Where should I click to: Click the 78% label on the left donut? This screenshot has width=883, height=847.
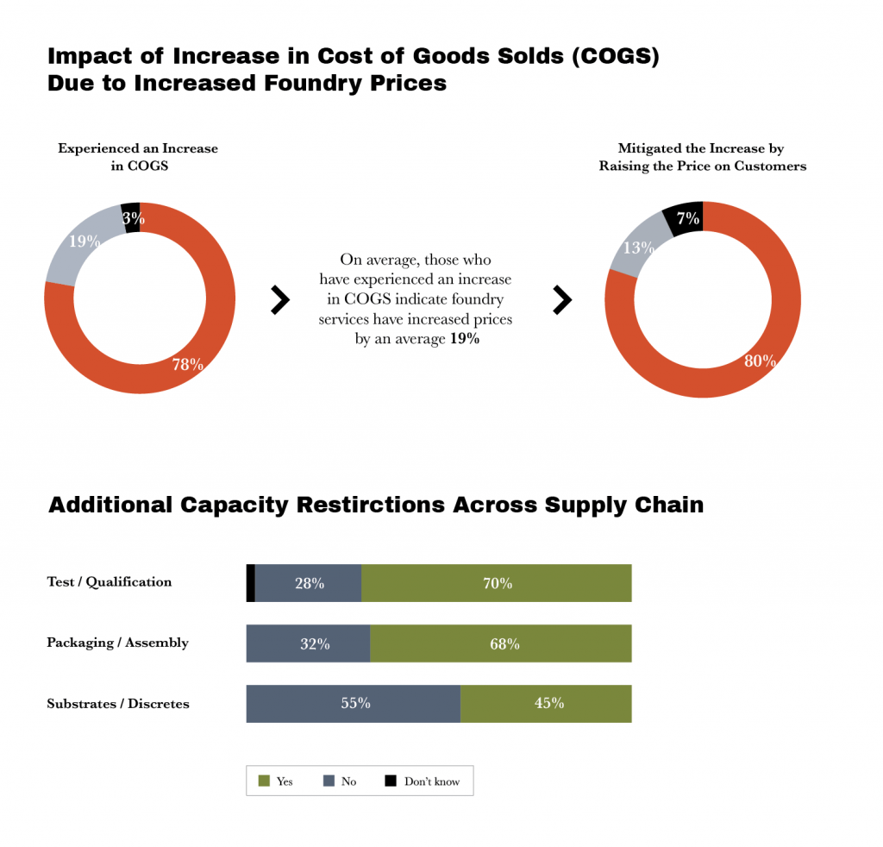(x=187, y=365)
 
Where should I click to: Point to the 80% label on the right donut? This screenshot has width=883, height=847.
(x=759, y=361)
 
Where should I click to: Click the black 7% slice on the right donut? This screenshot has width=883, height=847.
(x=685, y=219)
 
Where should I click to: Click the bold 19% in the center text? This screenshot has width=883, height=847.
(x=465, y=340)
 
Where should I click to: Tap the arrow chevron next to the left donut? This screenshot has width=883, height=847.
(x=280, y=300)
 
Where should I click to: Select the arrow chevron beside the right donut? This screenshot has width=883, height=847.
(x=562, y=300)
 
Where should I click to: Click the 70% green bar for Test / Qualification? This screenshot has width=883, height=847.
(x=497, y=583)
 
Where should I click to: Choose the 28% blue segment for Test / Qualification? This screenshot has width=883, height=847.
(x=309, y=583)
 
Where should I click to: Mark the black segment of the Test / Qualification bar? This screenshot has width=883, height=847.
(x=251, y=583)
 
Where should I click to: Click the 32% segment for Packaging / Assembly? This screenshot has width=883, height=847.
(x=309, y=643)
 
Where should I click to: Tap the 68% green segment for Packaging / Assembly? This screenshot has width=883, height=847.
(x=501, y=643)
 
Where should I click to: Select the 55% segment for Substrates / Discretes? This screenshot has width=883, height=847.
(x=354, y=703)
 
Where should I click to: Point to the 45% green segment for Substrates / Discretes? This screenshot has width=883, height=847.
(x=546, y=703)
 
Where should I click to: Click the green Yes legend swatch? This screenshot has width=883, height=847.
(x=265, y=781)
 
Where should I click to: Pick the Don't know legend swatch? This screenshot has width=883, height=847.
(x=391, y=781)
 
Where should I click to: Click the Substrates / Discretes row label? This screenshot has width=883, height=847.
(x=118, y=704)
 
